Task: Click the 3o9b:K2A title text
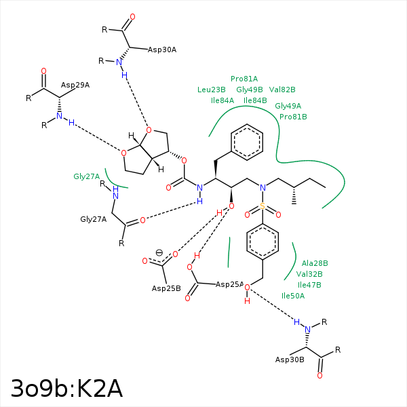pos(66,389)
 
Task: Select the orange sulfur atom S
pos(263,206)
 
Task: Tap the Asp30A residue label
pos(162,50)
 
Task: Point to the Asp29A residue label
pos(75,85)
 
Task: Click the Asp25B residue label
pos(166,288)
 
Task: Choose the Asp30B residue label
pos(290,360)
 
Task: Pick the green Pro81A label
pos(244,79)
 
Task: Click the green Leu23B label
pos(212,90)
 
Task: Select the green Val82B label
pos(282,90)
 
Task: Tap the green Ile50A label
pos(293,296)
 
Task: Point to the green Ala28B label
pos(315,263)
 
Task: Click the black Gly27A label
pos(94,219)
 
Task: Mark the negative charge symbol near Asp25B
pos(159,252)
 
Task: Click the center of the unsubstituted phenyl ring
pos(247,142)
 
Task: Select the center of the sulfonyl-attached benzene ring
pos(263,241)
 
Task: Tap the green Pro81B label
pos(293,117)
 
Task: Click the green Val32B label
pos(309,274)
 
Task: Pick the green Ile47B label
pos(309,285)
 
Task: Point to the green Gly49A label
pos(288,106)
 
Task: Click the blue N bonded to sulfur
pos(263,188)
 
